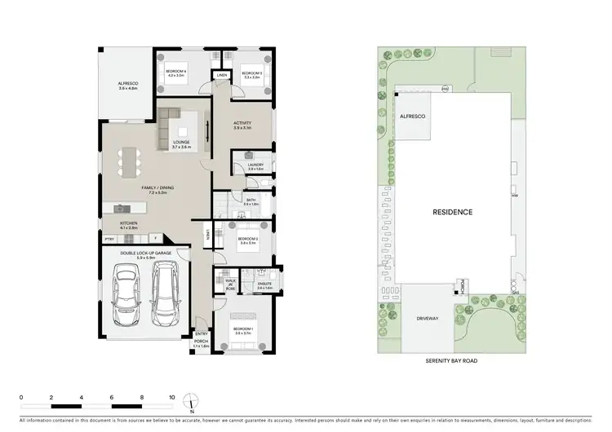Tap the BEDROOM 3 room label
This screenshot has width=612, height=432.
251,74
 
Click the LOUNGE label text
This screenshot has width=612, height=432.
180,143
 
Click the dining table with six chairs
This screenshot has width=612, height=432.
126,162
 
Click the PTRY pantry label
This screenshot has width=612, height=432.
109,238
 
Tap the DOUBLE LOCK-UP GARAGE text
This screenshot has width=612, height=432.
144,253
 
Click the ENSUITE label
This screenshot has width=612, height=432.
265,284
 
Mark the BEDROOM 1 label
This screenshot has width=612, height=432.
244,328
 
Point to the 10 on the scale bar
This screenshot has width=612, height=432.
172,398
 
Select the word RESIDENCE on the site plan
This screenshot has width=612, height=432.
452,212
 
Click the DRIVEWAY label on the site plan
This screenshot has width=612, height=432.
427,319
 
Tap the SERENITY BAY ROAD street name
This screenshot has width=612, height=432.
452,360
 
